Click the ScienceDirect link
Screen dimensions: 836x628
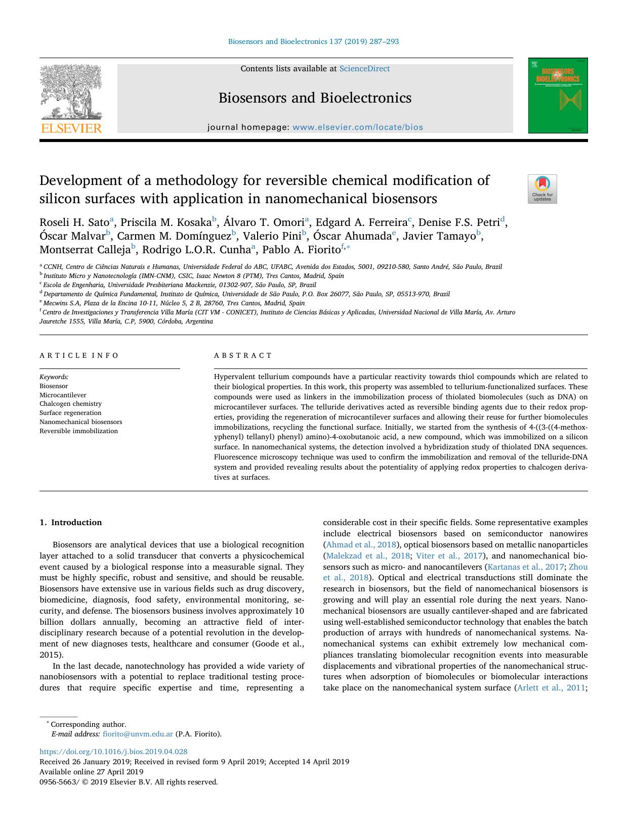pyautogui.click(x=364, y=69)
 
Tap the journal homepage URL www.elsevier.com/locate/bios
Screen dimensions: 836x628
pyautogui.click(x=358, y=127)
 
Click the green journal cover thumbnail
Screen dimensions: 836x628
pyautogui.click(x=558, y=96)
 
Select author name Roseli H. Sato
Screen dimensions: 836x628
pyautogui.click(x=74, y=222)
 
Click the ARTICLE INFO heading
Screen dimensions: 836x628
pyautogui.click(x=79, y=355)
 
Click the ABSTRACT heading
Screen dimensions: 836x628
pyautogui.click(x=243, y=355)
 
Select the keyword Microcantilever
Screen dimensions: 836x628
pyautogui.click(x=63, y=395)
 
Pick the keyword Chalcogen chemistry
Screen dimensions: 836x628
pyautogui.click(x=70, y=404)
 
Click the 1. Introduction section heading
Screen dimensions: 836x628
pyautogui.click(x=70, y=523)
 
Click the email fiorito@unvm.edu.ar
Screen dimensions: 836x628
pyautogui.click(x=138, y=734)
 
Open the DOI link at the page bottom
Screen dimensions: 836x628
pyautogui.click(x=113, y=752)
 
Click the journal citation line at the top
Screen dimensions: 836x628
pyautogui.click(x=313, y=41)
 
